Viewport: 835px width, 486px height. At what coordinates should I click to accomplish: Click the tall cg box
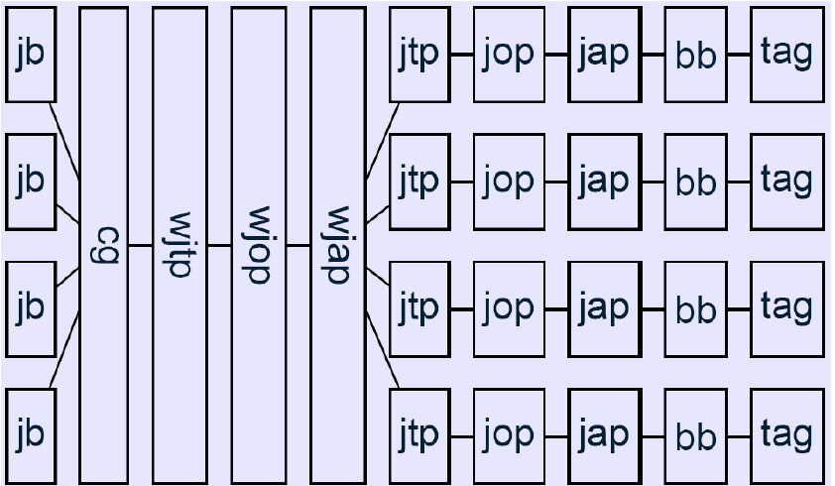coord(103,245)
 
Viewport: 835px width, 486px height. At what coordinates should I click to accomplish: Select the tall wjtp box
coord(179,245)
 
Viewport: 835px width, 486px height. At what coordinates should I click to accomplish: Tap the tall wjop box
coord(258,245)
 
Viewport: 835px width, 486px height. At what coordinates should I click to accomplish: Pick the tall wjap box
coord(337,245)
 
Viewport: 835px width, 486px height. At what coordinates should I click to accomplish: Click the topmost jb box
coord(31,55)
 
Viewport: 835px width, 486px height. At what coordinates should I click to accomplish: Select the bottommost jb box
coord(31,436)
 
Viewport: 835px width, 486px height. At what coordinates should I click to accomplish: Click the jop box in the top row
coord(509,55)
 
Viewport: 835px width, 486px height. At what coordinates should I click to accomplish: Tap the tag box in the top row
coord(786,55)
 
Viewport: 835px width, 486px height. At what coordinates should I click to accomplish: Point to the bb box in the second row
coord(695,182)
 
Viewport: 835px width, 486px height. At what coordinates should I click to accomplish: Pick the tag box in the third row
coord(786,308)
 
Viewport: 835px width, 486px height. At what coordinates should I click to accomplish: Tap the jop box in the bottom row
coord(509,436)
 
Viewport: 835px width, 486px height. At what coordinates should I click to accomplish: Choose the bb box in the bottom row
coord(695,436)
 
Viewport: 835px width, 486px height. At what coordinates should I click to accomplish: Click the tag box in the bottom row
coord(786,436)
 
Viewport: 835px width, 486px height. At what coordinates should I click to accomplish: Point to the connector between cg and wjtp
coord(140,245)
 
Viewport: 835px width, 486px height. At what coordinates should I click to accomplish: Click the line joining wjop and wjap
coord(298,245)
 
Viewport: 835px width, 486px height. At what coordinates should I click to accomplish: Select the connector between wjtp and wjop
coord(219,245)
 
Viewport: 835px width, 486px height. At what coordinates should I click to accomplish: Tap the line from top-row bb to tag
coord(738,55)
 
